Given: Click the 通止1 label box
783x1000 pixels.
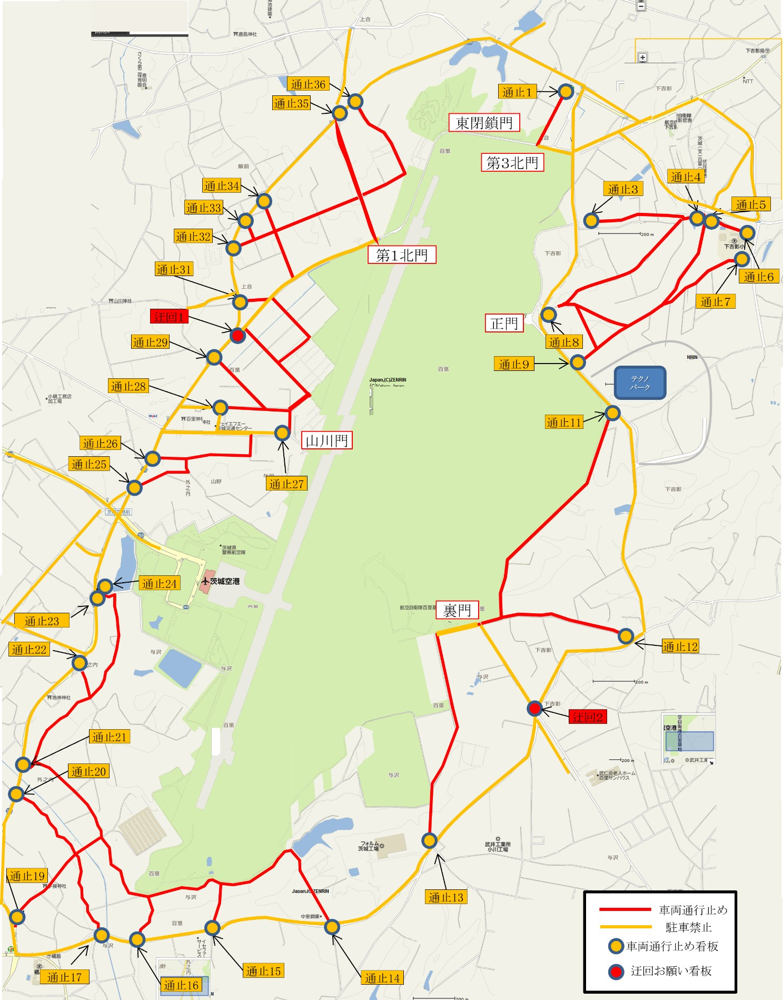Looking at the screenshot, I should [x=517, y=92].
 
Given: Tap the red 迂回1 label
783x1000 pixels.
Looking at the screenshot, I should [x=169, y=317].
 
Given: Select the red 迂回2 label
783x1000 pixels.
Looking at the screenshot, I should [x=588, y=717].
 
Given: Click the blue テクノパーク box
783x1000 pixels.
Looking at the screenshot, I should [x=640, y=383].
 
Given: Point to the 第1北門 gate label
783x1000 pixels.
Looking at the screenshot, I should [x=402, y=256].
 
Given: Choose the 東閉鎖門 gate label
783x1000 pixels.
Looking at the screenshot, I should [x=484, y=123].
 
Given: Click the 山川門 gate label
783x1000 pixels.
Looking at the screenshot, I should [x=326, y=440].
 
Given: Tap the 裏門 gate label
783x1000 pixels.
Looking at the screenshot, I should [x=457, y=610].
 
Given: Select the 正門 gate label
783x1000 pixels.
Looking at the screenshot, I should [x=504, y=323].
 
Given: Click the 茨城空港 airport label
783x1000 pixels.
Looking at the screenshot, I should [x=224, y=581].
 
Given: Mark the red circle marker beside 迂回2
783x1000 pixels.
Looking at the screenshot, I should [x=534, y=709].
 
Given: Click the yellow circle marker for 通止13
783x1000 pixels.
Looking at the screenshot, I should [x=429, y=840].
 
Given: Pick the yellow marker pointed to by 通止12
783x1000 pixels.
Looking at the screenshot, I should [x=626, y=636].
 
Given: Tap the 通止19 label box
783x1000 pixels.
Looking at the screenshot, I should [x=27, y=876].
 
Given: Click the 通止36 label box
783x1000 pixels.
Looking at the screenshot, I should [x=308, y=84].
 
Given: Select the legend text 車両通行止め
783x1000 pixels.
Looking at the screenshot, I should [x=693, y=910].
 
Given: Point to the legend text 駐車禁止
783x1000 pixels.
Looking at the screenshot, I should [x=689, y=927].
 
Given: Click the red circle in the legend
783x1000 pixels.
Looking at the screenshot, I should [x=616, y=971].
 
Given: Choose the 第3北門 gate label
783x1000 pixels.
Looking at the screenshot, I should [x=512, y=163].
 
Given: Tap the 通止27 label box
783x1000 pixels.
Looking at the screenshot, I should [x=286, y=484].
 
